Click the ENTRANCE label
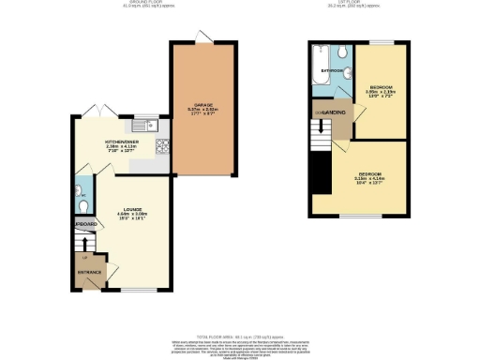(89, 272)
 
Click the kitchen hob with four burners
(161, 145)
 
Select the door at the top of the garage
(202, 37)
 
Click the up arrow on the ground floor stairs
(85, 244)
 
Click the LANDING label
(335, 112)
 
